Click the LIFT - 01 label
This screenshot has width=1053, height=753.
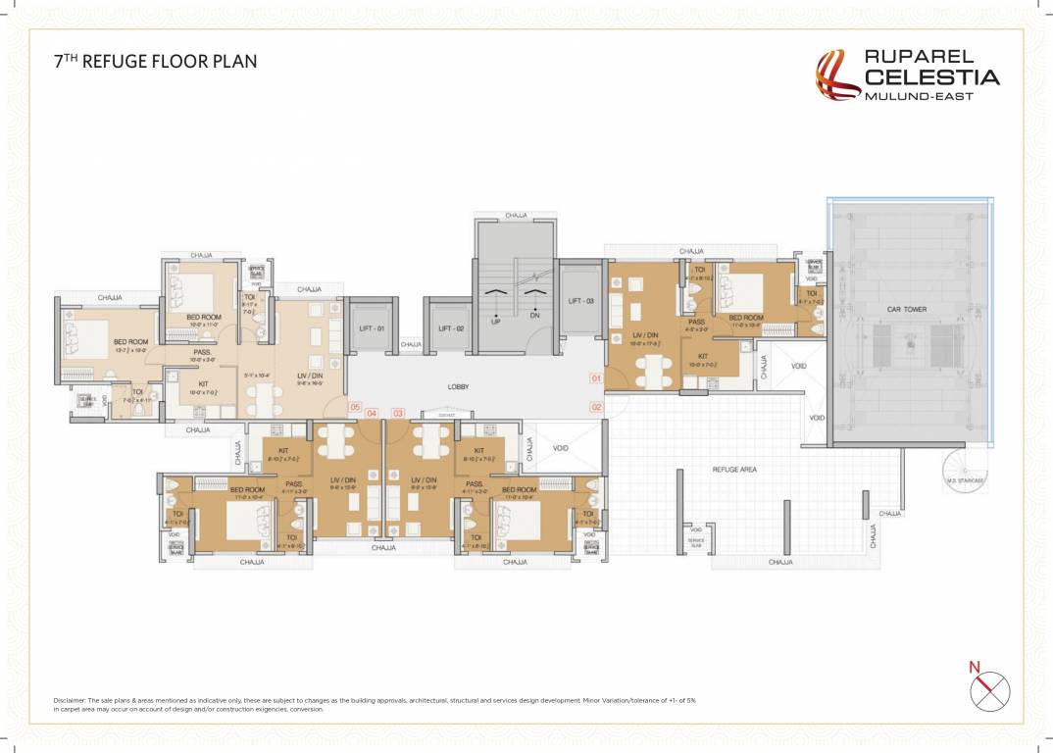coord(371,328)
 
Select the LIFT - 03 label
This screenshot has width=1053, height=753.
coord(581,301)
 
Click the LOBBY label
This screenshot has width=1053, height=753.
coord(458,387)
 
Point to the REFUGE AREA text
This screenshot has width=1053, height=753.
coord(733,470)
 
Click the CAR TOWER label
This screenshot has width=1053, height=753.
coord(907,310)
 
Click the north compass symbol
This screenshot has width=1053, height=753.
coord(989,690)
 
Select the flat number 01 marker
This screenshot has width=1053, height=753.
coord(594,377)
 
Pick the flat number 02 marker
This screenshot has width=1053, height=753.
coord(595,406)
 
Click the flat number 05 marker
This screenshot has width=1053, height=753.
coord(355,407)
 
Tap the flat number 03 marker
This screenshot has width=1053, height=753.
coord(397,413)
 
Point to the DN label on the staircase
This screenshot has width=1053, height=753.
coord(534,316)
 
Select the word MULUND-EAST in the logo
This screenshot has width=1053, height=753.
coord(918,96)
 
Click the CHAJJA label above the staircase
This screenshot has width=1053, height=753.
coord(516,215)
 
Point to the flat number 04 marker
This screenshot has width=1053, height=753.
coord(372,413)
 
